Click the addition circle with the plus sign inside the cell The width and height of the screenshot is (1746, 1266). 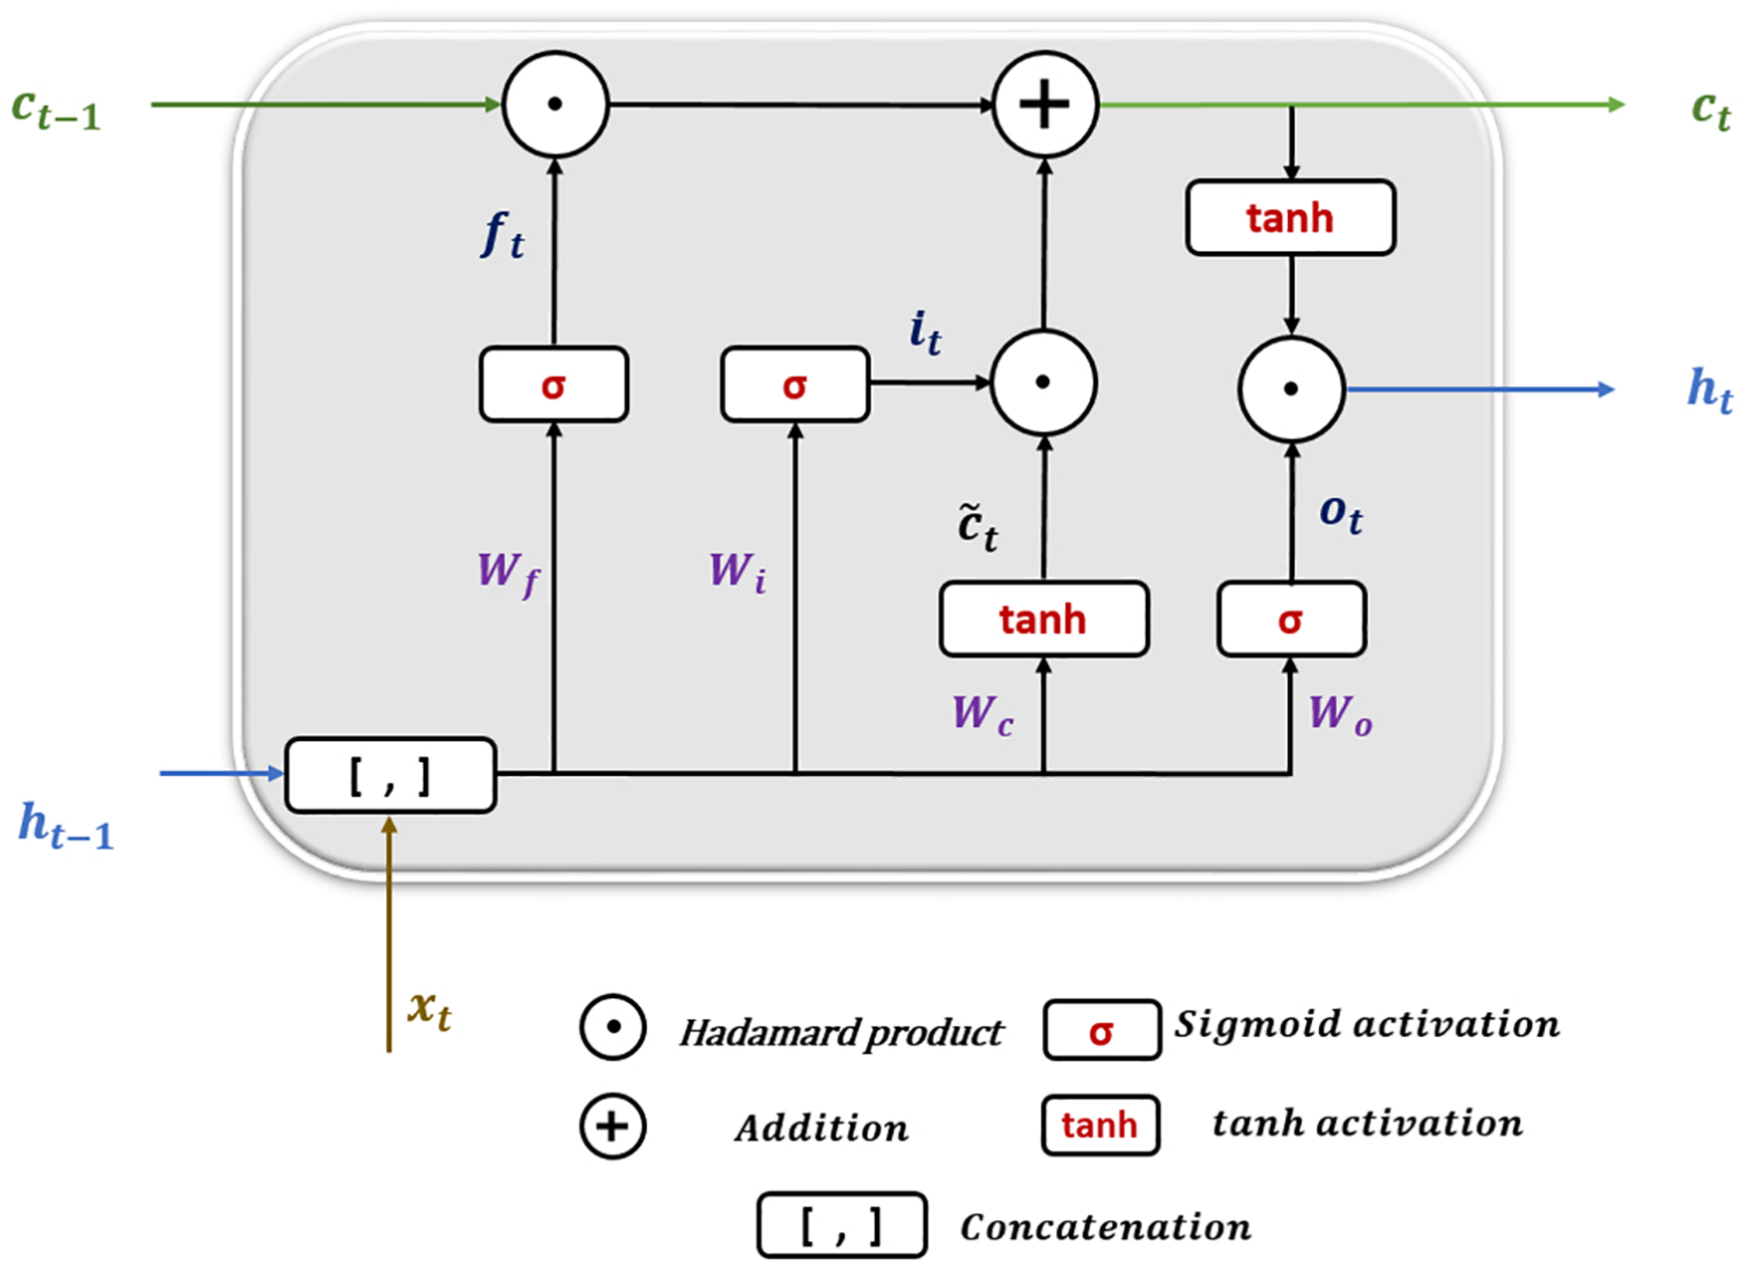1044,104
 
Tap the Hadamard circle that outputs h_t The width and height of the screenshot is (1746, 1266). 1291,388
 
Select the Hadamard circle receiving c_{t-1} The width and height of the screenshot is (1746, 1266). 555,104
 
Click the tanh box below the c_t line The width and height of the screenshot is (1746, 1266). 1290,217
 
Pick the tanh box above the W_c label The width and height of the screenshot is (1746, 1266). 1043,618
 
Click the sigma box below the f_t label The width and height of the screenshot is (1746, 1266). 554,384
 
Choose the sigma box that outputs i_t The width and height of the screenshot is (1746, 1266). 795,384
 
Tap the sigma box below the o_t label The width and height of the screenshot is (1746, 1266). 1290,619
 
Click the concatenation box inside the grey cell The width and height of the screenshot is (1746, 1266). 390,775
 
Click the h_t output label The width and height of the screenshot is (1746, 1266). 1709,389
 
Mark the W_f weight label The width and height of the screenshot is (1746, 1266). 509,573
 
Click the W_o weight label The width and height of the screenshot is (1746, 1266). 1340,715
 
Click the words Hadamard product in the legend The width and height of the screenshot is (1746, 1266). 840,1033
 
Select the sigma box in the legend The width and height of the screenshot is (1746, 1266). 1101,1030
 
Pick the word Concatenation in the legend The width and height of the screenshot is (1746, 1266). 1105,1227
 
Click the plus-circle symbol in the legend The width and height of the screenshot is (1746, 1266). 613,1127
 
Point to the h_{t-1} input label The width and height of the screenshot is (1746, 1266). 67,826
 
